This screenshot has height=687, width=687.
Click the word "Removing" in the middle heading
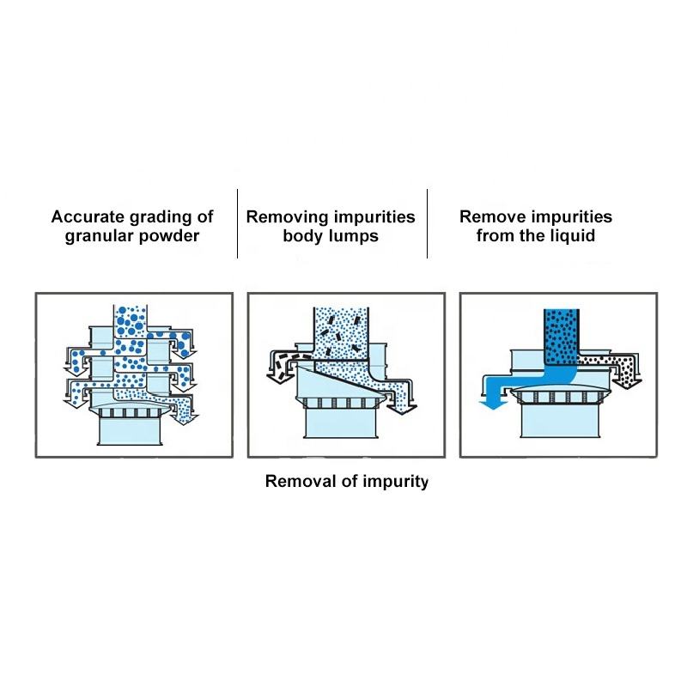[x=283, y=216]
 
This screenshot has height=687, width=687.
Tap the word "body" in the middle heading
[x=301, y=236]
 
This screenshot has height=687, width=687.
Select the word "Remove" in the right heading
[x=492, y=216]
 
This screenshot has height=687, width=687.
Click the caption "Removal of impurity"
[x=346, y=481]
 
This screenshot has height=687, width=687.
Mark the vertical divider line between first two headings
[x=237, y=223]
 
